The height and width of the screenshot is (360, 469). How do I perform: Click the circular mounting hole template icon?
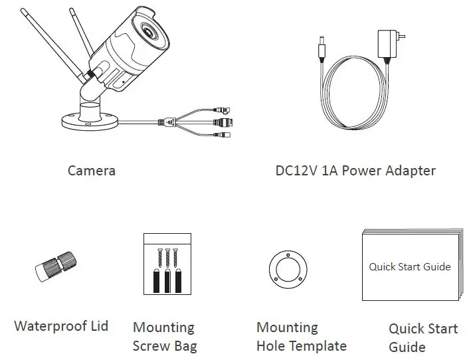(287, 271)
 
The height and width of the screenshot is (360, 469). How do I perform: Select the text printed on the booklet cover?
(409, 267)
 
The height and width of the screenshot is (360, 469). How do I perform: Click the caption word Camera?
(92, 171)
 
